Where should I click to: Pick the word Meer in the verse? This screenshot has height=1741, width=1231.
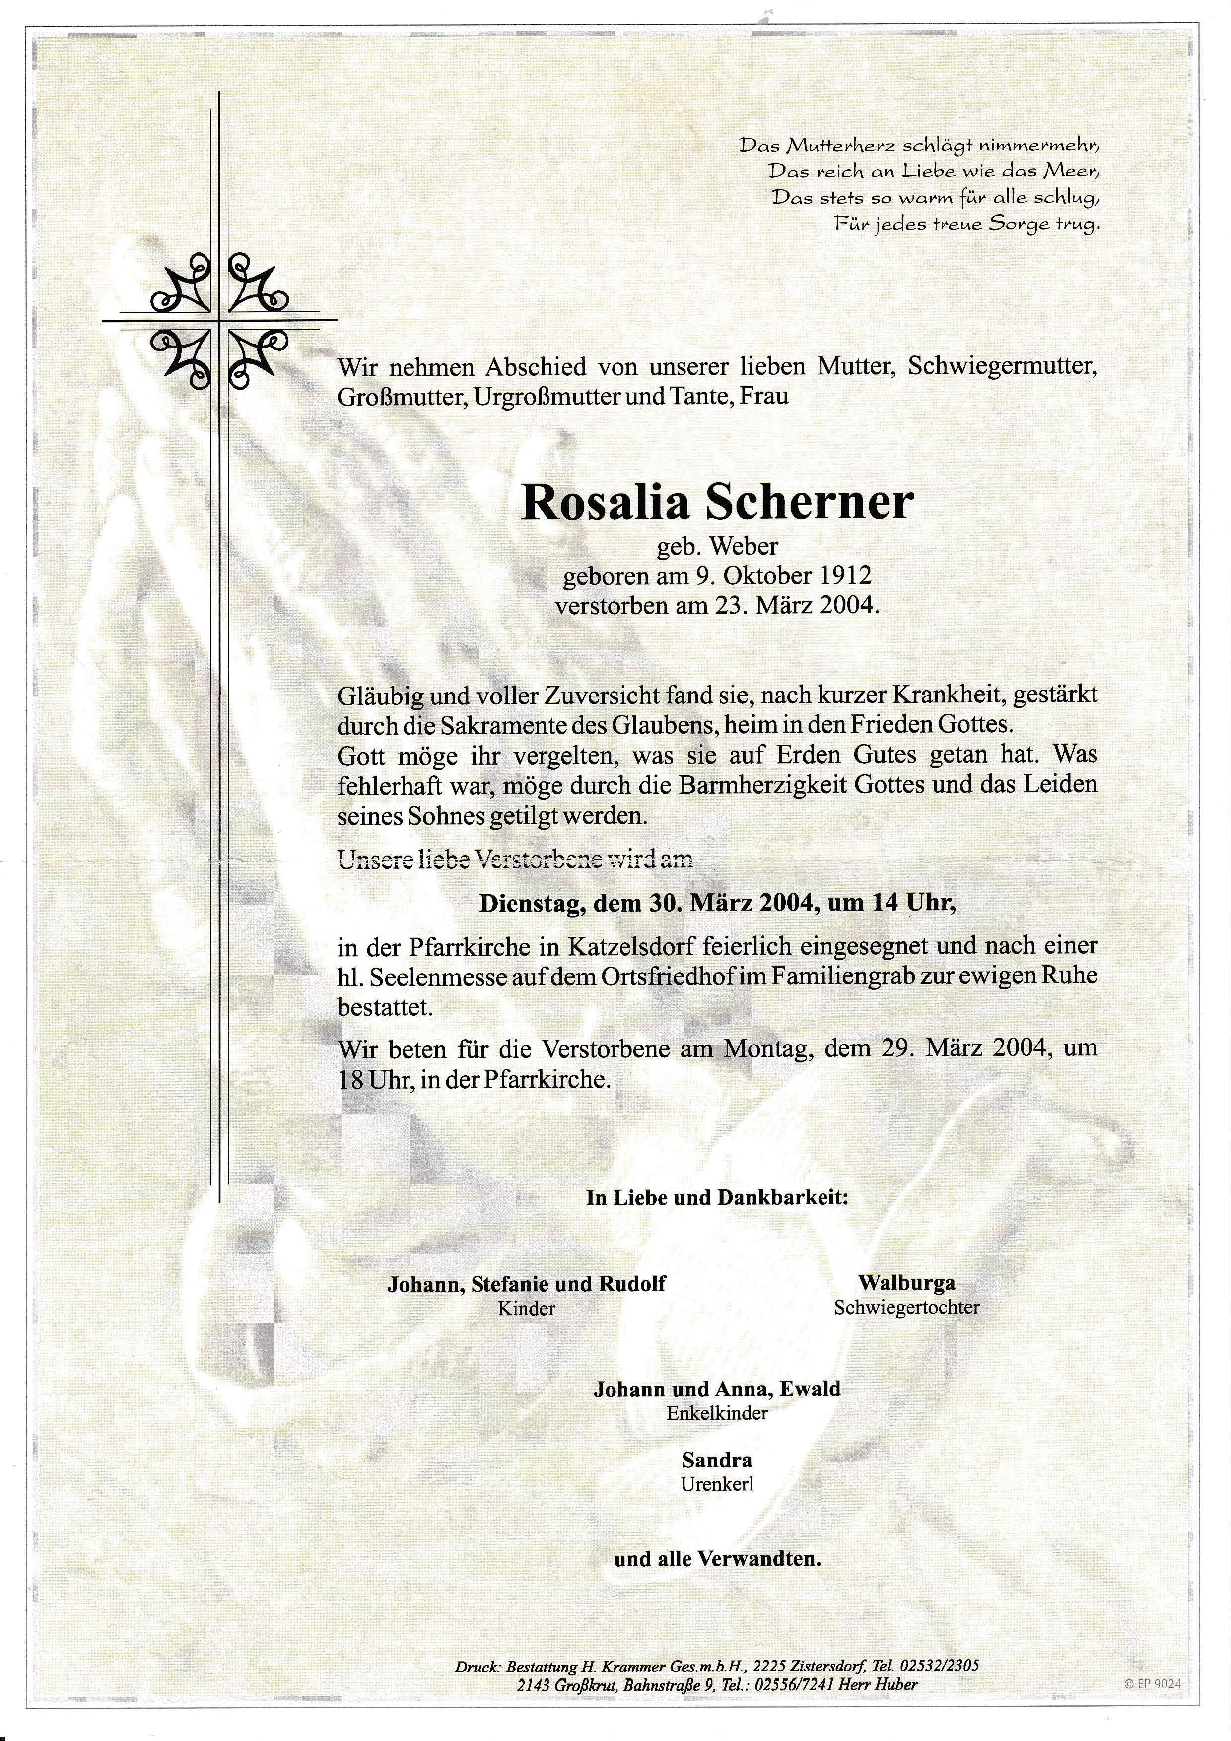pyautogui.click(x=1070, y=171)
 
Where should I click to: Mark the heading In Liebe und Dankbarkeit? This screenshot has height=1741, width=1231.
pyautogui.click(x=717, y=1198)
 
